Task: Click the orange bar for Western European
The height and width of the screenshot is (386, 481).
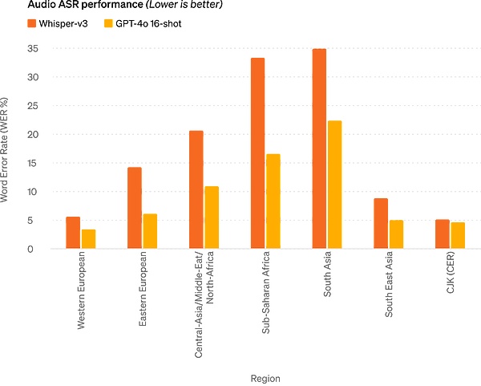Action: [73, 233]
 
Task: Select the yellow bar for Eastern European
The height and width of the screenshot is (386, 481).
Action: [150, 231]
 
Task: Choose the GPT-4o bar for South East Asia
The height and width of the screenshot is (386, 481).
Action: [396, 234]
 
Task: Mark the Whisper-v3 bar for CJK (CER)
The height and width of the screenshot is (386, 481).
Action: [442, 234]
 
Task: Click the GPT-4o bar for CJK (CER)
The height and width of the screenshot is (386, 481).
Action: [458, 235]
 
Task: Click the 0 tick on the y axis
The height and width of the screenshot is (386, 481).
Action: [33, 249]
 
